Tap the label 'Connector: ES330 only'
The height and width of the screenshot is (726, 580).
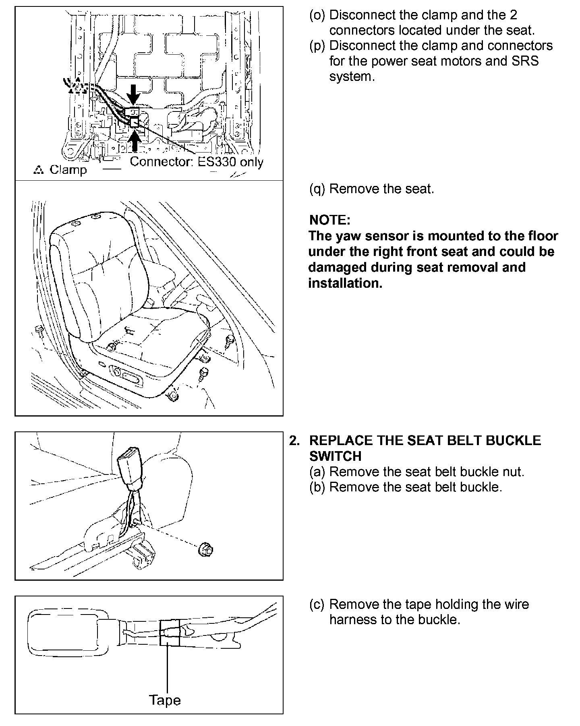(x=197, y=162)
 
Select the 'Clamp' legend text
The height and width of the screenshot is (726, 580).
(x=68, y=170)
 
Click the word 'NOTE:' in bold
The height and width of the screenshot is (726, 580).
(x=329, y=220)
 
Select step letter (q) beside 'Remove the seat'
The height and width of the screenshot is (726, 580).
(x=317, y=189)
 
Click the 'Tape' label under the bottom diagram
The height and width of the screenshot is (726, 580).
(x=165, y=700)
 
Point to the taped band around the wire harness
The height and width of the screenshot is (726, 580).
(x=170, y=633)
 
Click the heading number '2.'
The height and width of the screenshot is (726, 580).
(x=295, y=440)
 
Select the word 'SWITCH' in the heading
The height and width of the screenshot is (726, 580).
(x=335, y=456)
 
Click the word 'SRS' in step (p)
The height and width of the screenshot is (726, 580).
(x=525, y=61)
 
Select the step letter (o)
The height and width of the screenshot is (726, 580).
(x=317, y=15)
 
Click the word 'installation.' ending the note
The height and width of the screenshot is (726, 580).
(x=345, y=283)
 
